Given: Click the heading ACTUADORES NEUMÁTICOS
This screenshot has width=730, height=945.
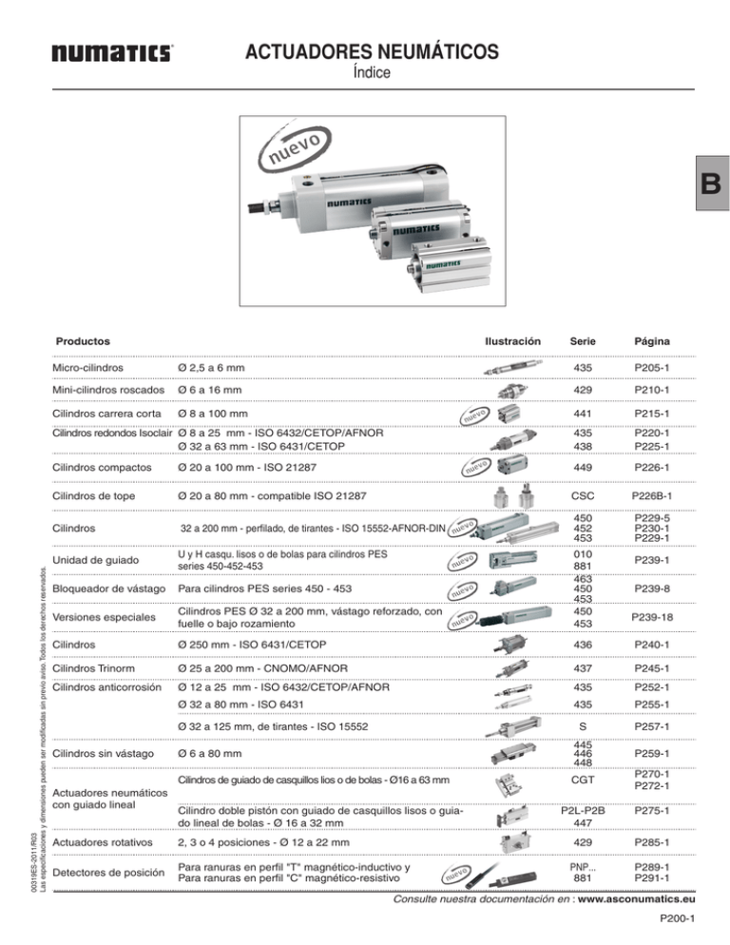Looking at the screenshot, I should [x=366, y=49].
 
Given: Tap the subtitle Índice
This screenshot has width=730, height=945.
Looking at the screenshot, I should [x=365, y=72].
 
